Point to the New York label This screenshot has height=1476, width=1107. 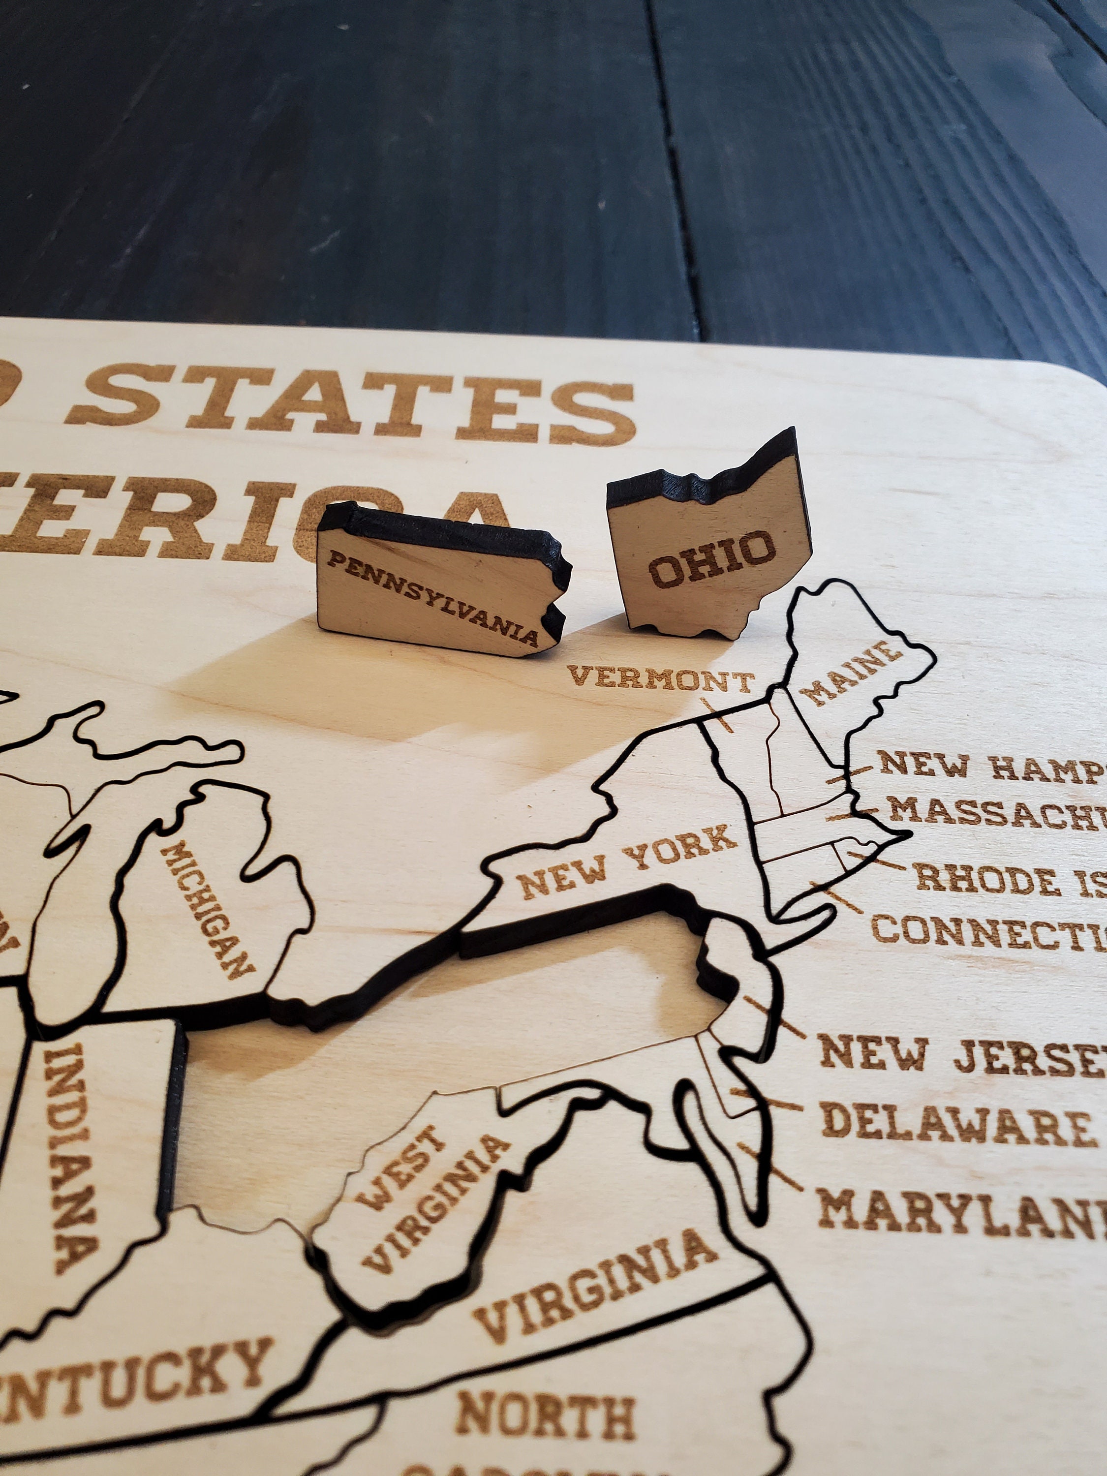click(x=627, y=861)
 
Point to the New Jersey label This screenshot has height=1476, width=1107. click(x=961, y=1054)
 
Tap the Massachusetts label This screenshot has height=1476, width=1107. click(x=994, y=811)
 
